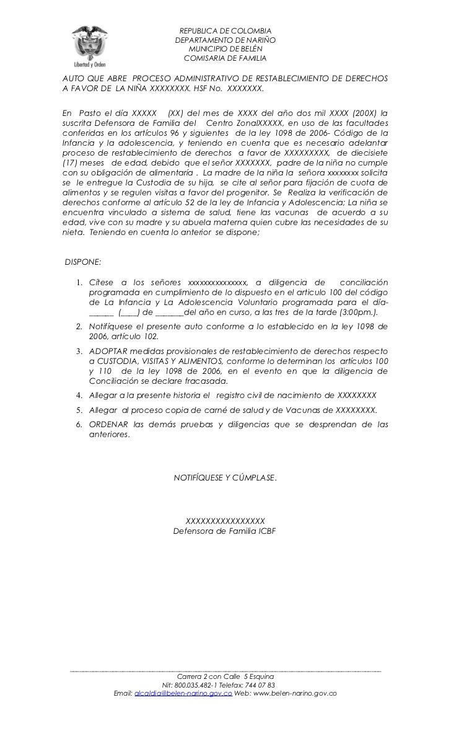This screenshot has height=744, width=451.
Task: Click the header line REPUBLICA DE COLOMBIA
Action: (x=225, y=32)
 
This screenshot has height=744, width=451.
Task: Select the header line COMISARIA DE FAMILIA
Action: (x=225, y=58)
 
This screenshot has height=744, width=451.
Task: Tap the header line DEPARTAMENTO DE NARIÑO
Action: (x=225, y=40)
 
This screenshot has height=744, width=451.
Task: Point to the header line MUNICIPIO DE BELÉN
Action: (x=225, y=49)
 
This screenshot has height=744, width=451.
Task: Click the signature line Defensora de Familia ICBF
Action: (x=225, y=531)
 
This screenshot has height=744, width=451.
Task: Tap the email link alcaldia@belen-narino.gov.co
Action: (x=183, y=694)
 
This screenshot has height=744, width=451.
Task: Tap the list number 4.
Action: (x=79, y=395)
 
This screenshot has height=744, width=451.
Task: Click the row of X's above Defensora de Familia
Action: (x=225, y=521)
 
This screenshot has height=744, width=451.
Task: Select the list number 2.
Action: (x=79, y=326)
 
